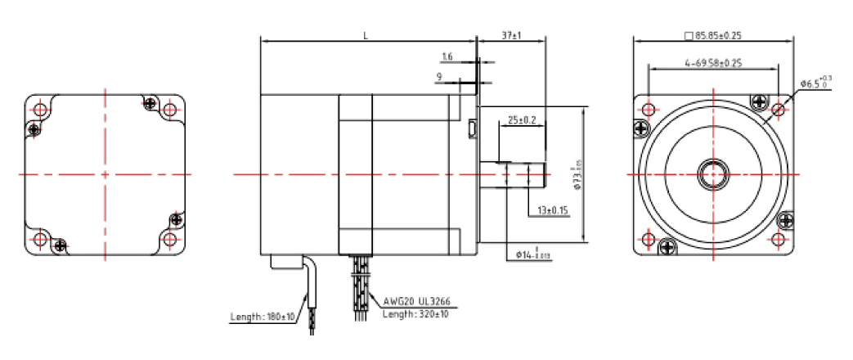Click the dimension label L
[365, 36]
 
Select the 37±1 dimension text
[511, 36]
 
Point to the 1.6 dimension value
[447, 56]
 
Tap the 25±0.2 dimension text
[521, 119]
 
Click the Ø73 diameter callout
[577, 175]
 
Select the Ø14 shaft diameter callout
[533, 255]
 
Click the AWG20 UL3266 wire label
[415, 300]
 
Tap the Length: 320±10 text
[415, 313]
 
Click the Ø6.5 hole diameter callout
[815, 83]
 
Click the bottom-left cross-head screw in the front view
[667, 245]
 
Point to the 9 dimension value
[440, 78]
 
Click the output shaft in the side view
[513, 175]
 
